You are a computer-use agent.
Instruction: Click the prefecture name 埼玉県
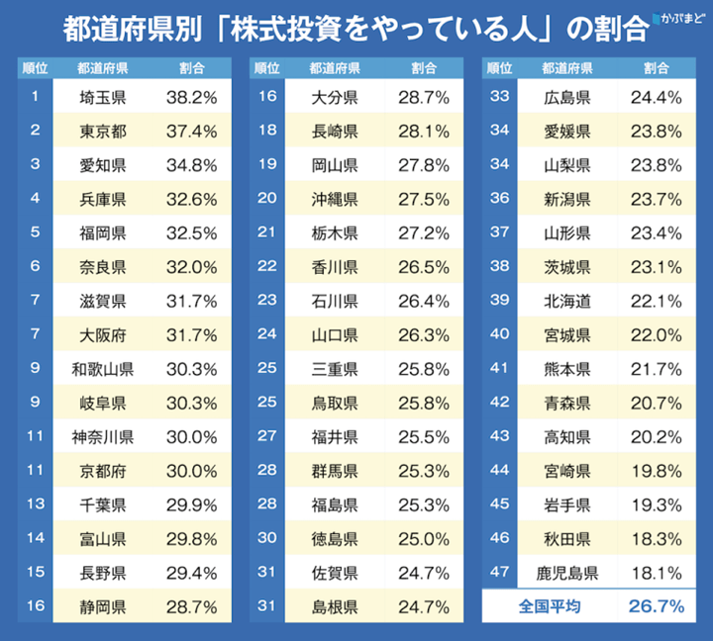pyautogui.click(x=102, y=97)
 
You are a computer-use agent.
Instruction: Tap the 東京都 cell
pyautogui.click(x=102, y=131)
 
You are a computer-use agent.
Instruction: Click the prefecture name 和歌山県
pyautogui.click(x=102, y=368)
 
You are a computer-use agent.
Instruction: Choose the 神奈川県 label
pyautogui.click(x=102, y=436)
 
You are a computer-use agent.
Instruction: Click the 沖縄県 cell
pyautogui.click(x=334, y=199)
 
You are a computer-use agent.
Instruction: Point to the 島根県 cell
pyautogui.click(x=334, y=605)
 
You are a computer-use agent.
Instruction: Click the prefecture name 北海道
pyautogui.click(x=567, y=301)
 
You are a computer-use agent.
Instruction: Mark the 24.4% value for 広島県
pyautogui.click(x=656, y=97)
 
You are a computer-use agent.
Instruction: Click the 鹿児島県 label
pyautogui.click(x=567, y=572)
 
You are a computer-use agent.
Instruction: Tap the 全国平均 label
pyautogui.click(x=548, y=605)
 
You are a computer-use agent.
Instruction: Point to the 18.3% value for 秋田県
pyautogui.click(x=656, y=538)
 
